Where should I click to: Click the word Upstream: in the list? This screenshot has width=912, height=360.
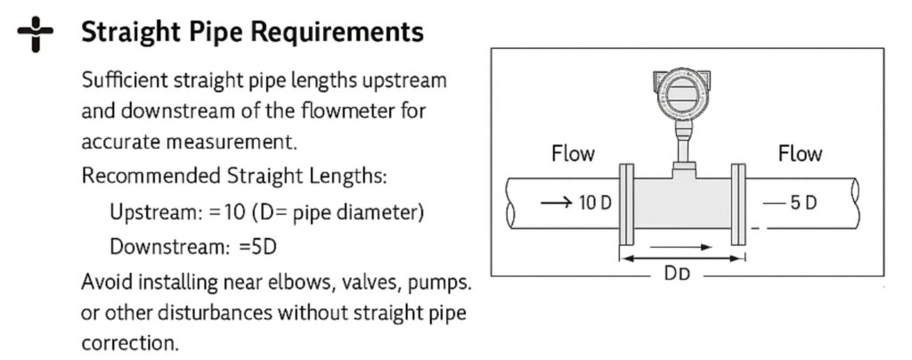coord(146,214)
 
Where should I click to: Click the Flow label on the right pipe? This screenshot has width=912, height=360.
coord(799,153)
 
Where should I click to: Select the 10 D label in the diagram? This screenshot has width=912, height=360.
coord(595,202)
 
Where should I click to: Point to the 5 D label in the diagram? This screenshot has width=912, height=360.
coord(802,202)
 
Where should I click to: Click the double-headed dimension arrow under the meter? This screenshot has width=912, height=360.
coord(682,258)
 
